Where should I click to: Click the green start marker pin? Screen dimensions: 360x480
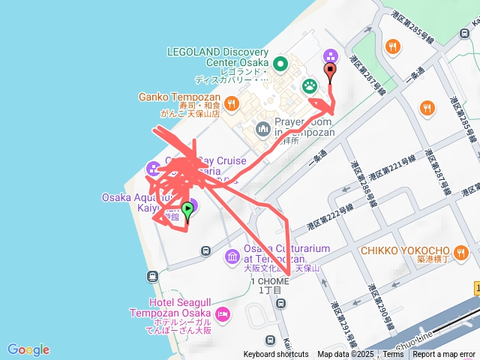(187, 211)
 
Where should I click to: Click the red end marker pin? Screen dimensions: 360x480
(331, 72)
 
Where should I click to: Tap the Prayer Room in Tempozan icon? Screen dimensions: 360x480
(262, 129)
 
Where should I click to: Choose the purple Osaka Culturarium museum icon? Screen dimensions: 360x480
(232, 257)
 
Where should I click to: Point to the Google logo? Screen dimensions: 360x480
(28, 349)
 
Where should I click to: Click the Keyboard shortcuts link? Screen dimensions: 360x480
(276, 355)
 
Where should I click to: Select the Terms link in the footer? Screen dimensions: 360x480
(393, 355)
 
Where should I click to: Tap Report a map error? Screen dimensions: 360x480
(444, 355)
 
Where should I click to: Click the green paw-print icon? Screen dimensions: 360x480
(309, 86)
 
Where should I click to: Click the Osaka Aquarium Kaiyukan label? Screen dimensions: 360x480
(139, 198)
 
